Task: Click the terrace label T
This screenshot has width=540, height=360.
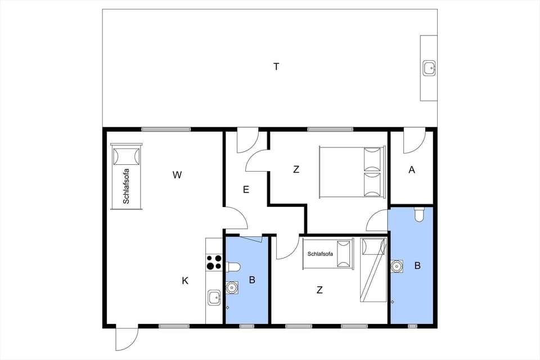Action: [x=276, y=67]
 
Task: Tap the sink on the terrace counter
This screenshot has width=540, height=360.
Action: [x=429, y=68]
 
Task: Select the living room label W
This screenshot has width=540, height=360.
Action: [x=177, y=175]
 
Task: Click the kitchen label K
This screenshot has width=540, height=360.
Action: [x=185, y=281]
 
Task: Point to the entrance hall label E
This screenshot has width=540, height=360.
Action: [x=246, y=190]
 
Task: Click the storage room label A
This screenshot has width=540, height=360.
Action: [x=412, y=170]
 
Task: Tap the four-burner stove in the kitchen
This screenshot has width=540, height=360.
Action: [x=214, y=262]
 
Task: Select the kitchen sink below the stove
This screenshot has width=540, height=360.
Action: [x=214, y=297]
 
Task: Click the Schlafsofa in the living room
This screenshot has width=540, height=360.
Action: [x=126, y=177]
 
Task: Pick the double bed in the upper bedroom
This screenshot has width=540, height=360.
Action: [x=352, y=172]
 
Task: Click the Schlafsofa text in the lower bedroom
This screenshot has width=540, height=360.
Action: [x=320, y=254]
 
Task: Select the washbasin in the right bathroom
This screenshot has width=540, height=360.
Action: [x=398, y=265]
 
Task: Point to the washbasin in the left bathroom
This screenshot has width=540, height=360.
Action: [x=231, y=287]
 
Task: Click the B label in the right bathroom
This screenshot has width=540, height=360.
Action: [x=417, y=266]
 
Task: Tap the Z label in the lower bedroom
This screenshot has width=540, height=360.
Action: [x=319, y=290]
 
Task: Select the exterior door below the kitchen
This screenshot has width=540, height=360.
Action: [x=126, y=339]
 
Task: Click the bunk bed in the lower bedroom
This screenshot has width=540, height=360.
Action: [x=372, y=269]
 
